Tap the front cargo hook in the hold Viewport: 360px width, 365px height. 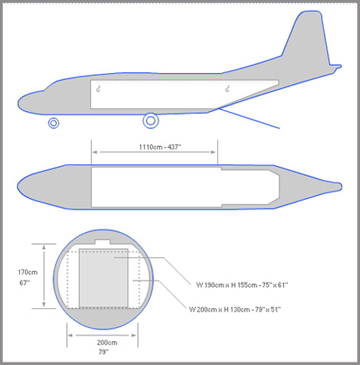(98, 89)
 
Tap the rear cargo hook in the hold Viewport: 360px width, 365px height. (228, 89)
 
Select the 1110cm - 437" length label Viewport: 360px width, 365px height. (160, 147)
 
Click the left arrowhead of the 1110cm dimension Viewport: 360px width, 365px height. (95, 152)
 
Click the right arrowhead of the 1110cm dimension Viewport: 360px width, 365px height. (213, 152)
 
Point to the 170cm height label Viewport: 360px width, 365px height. (28, 272)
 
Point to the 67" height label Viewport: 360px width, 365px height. (25, 283)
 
